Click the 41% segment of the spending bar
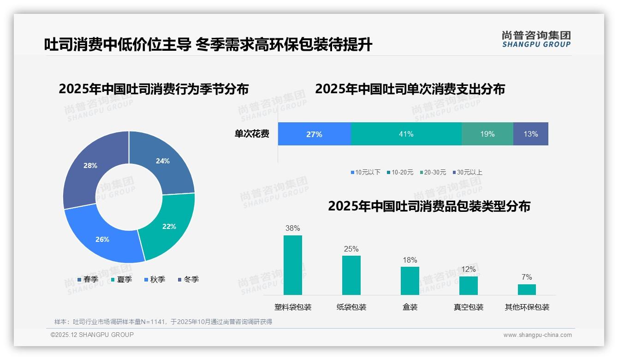point(406,134)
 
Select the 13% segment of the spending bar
point(530,134)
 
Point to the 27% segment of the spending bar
point(314,134)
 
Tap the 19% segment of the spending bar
point(487,134)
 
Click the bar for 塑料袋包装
point(293,265)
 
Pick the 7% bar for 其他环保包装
point(527,289)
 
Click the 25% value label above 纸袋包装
point(351,249)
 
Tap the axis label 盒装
point(410,307)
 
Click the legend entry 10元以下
point(365,172)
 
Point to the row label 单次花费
point(252,134)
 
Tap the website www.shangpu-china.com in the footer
point(537,335)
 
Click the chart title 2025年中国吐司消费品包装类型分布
point(429,206)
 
